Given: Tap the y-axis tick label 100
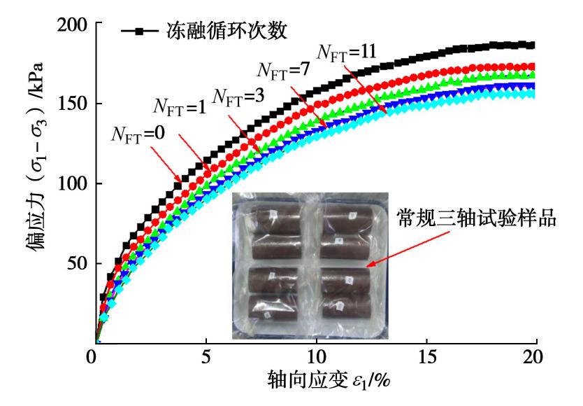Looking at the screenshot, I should point(70,184).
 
